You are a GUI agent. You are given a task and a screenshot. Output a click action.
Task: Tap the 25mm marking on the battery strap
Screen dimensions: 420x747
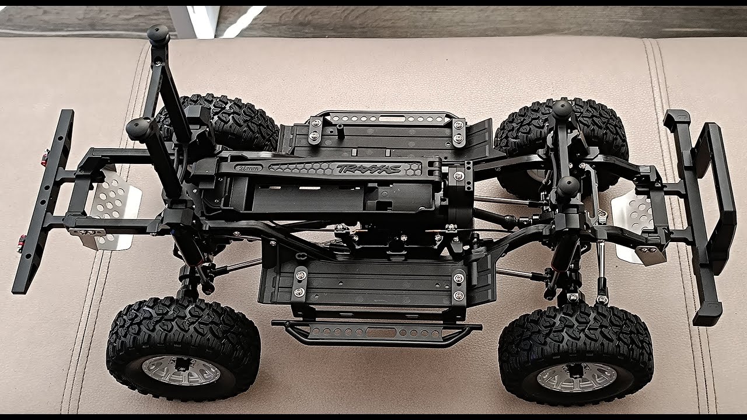tap(245, 168)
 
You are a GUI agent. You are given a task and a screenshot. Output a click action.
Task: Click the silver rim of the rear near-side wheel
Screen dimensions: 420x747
tap(181, 370)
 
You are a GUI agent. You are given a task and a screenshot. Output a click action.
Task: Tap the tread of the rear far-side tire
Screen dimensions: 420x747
tap(233, 120)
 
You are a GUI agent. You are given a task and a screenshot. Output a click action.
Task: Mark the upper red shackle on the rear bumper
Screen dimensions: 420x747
tap(43, 156)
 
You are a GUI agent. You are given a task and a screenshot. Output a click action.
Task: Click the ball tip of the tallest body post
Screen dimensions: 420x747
tap(158, 33)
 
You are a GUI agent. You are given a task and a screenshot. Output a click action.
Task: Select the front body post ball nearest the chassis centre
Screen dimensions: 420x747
tap(568, 186)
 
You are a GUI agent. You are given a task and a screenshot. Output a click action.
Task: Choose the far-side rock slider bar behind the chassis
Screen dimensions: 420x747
tap(385, 118)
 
